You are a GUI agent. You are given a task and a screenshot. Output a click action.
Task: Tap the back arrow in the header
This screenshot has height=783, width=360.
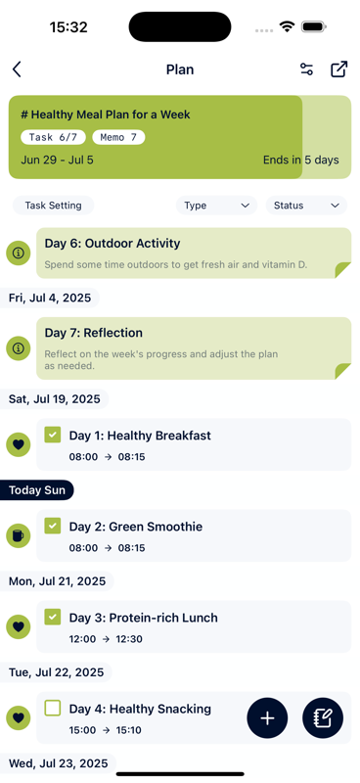[17, 69]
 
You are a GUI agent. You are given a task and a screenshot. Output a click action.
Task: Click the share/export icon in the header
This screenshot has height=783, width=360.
[338, 69]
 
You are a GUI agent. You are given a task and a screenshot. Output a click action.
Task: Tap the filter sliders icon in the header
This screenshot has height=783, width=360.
[306, 69]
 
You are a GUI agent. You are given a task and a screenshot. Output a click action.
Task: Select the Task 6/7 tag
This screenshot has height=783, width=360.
[53, 137]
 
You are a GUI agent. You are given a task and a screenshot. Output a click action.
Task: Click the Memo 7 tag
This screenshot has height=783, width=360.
[119, 137]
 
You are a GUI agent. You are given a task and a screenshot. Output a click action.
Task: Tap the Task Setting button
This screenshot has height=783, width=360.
[54, 206]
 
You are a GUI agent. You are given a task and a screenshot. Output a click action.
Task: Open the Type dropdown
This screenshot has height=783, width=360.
[216, 206]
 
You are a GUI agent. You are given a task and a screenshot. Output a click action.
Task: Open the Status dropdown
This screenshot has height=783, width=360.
[306, 206]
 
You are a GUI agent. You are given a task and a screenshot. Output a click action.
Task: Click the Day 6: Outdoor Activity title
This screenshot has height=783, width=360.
[112, 243]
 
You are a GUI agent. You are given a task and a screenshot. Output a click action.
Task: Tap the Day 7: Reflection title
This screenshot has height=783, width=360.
[94, 333]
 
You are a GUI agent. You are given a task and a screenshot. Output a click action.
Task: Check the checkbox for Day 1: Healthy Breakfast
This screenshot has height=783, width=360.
[53, 435]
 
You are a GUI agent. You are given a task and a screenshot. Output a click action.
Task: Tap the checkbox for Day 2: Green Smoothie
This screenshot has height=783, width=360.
[53, 526]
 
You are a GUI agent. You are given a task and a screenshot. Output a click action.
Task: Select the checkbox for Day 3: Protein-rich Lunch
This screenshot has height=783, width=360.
[53, 617]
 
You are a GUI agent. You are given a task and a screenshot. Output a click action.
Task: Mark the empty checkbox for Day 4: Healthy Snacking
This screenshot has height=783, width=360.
[53, 708]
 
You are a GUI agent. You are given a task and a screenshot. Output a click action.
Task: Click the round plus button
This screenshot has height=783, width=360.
[267, 718]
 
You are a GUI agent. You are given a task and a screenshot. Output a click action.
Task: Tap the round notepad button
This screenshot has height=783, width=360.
[323, 718]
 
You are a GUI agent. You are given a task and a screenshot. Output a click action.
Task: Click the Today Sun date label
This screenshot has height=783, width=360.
[37, 489]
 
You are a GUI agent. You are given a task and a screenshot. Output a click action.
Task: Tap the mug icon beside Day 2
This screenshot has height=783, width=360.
[18, 535]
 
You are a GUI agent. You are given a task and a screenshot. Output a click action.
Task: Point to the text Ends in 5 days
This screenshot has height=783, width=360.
[301, 160]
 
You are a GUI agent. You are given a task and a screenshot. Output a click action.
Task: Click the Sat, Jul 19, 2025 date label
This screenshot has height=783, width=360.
[55, 398]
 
